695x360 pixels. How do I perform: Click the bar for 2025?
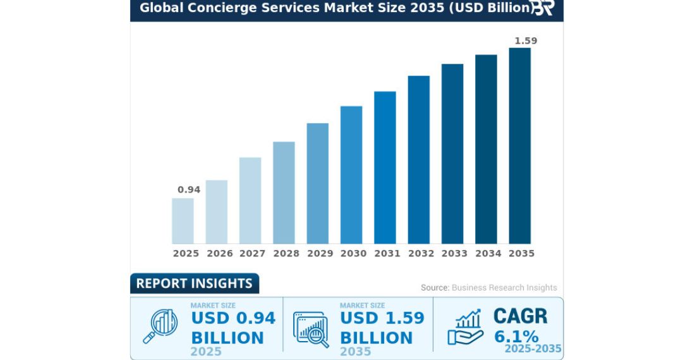[183, 221]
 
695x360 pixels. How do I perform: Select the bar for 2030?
[351, 175]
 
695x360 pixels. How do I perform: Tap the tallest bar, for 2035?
[520, 146]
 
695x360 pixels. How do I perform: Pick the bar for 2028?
[284, 193]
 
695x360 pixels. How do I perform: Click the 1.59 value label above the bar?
[526, 41]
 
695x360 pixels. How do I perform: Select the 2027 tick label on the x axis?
[253, 253]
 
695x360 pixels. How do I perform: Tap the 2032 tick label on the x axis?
[421, 253]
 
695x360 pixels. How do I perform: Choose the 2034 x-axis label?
[488, 253]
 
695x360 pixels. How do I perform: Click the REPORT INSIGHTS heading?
[194, 284]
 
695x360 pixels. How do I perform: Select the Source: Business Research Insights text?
[489, 287]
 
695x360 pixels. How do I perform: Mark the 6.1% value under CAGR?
[516, 336]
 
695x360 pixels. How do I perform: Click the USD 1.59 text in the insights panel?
[382, 318]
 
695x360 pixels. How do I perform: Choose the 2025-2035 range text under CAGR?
[533, 349]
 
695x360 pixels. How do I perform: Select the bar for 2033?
[452, 154]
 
